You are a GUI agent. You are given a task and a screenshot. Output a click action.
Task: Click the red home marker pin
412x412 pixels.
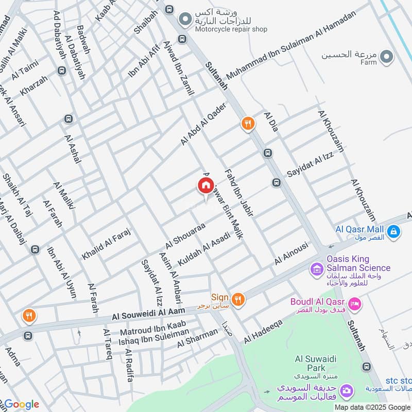(x=205, y=186)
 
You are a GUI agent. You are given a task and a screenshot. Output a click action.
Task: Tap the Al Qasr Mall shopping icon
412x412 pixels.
(x=393, y=232)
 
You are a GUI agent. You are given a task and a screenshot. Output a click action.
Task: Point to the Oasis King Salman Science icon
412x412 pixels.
(x=316, y=269)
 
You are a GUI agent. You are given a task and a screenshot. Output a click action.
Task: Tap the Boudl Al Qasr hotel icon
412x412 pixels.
(x=355, y=305)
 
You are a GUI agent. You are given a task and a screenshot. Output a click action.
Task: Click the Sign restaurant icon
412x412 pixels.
(x=237, y=298)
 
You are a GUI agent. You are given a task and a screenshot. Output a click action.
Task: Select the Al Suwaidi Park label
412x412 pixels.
(x=310, y=364)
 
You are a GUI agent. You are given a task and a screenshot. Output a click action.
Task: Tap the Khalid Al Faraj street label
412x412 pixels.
(x=107, y=244)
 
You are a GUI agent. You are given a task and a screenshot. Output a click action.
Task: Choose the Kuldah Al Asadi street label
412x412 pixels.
(x=203, y=249)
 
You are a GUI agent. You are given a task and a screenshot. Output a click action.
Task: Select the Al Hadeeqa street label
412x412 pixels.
(x=264, y=330)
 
